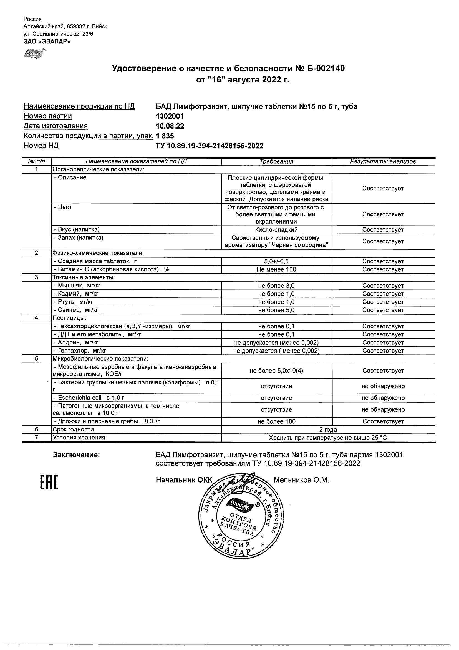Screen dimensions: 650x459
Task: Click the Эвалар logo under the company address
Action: tap(34, 53)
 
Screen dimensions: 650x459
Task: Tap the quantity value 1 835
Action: tap(165, 136)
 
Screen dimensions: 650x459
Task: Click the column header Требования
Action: tap(276, 162)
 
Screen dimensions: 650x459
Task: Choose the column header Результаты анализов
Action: tap(383, 162)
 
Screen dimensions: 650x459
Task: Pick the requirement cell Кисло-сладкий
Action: tap(276, 230)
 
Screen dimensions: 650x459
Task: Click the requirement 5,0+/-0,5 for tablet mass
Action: tap(276, 261)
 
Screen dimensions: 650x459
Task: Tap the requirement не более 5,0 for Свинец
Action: tap(276, 310)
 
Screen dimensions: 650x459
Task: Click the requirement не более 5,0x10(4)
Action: tap(276, 371)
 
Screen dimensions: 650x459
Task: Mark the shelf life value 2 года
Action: tap(328, 429)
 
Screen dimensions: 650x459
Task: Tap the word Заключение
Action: tap(76, 455)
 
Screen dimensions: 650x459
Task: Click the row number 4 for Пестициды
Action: tap(36, 318)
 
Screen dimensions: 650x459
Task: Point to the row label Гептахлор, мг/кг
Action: tap(80, 351)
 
